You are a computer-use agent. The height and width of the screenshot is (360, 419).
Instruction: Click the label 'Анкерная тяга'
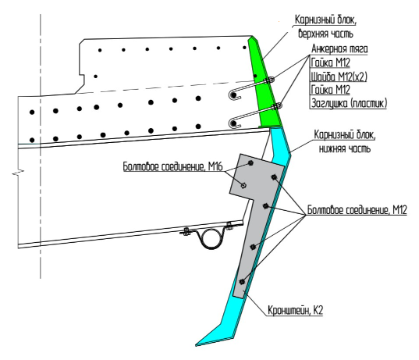point(339,49)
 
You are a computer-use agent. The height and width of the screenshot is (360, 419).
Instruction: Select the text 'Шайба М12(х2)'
point(339,77)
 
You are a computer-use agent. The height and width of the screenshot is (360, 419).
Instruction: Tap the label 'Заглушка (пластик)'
point(349,103)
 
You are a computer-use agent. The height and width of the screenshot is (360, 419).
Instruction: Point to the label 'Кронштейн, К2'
point(295,311)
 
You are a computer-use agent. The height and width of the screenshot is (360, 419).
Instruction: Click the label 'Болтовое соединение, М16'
point(172,166)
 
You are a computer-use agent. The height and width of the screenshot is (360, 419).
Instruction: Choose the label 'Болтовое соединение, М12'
point(357,210)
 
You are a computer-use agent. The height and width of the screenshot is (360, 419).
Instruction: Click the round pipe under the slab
point(211,239)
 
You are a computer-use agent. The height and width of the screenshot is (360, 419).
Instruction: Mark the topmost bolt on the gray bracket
point(250,162)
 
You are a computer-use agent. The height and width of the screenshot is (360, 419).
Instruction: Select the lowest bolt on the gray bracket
point(242,281)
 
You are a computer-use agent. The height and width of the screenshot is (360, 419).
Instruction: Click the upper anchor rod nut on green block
point(269,80)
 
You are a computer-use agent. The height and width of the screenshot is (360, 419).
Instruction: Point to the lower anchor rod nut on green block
point(276,106)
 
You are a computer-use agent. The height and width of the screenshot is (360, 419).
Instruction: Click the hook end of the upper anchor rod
point(233,95)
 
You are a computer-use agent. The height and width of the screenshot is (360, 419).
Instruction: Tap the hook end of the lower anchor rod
point(233,123)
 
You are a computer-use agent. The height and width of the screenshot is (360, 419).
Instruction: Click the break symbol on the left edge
point(18,172)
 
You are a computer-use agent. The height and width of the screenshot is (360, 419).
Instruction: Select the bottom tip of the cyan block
point(196,345)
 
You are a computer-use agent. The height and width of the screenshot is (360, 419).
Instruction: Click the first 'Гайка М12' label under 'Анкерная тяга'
point(331,62)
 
